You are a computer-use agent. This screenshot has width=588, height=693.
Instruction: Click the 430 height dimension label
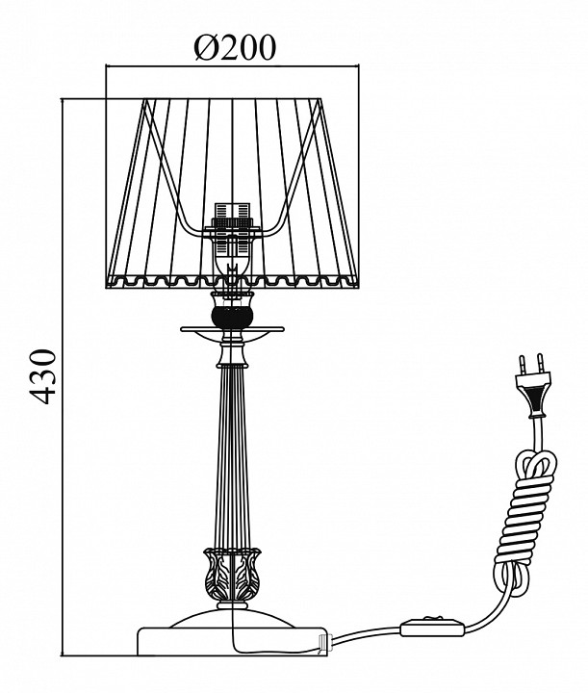(43, 376)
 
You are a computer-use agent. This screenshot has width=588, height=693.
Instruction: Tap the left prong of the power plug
(523, 364)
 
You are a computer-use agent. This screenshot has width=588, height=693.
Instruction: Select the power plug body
(535, 395)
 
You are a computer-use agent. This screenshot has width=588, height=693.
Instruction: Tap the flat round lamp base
(233, 642)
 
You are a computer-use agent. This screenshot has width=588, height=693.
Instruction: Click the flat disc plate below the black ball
(232, 329)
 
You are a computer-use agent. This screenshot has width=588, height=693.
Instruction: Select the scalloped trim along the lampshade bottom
(232, 281)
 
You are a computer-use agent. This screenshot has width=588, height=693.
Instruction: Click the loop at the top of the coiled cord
(536, 464)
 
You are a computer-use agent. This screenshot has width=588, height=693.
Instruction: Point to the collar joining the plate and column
(232, 355)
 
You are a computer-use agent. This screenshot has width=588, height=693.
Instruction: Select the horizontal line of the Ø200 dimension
(232, 66)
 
